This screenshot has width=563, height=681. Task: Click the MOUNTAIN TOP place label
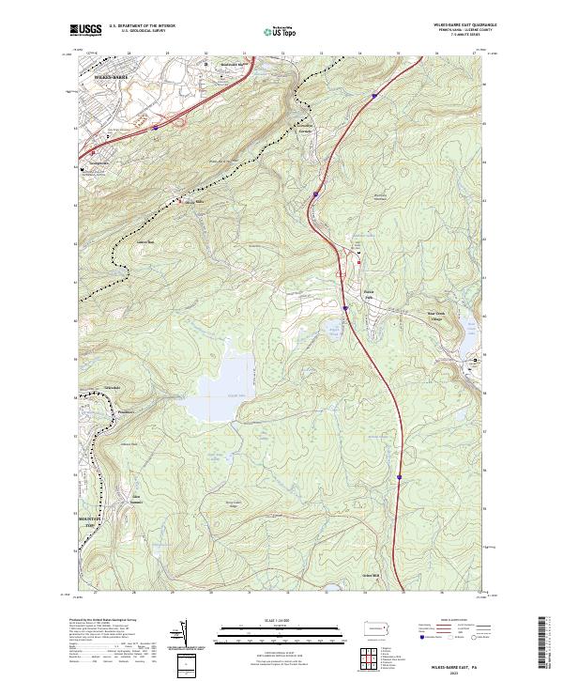(86, 521)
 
